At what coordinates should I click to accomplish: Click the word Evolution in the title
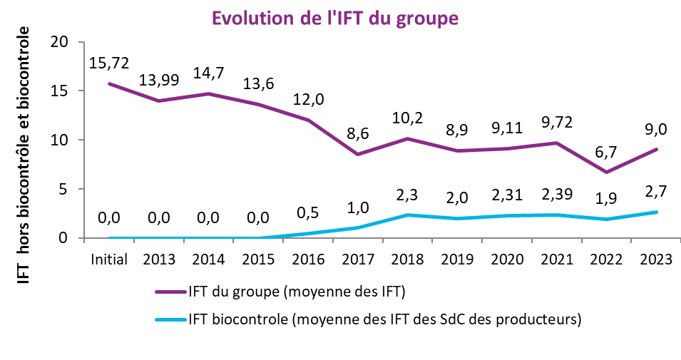(x=250, y=19)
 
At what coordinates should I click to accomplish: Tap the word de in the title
(x=307, y=19)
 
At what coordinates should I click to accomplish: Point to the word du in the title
(x=385, y=19)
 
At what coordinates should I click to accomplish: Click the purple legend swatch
(x=170, y=292)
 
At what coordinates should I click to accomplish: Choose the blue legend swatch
(x=170, y=319)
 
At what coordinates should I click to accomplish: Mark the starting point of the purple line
(x=109, y=83)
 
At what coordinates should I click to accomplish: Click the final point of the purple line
(x=656, y=149)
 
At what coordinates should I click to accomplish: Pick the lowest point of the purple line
(x=606, y=173)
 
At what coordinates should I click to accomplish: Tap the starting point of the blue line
(x=109, y=237)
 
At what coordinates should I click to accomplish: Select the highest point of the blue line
(x=656, y=212)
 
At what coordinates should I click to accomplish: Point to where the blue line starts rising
(x=258, y=237)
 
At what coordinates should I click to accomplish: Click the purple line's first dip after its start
(x=159, y=101)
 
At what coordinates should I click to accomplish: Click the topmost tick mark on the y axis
(x=81, y=42)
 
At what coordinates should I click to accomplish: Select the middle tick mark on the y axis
(x=81, y=140)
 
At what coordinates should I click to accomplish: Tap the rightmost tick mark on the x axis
(x=680, y=240)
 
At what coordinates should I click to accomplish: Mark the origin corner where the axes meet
(x=84, y=237)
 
